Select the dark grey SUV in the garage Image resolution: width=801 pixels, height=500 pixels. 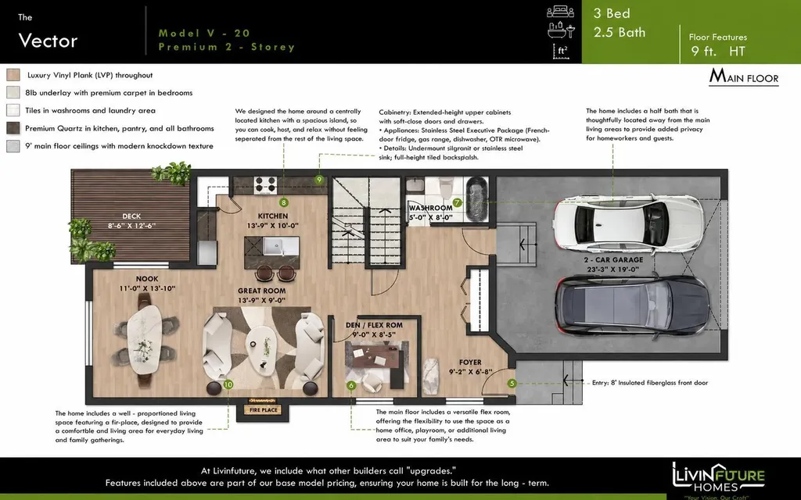tap(632, 305)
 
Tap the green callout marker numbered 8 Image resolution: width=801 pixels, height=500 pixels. tap(283, 202)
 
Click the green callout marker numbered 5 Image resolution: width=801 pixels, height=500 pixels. tap(512, 383)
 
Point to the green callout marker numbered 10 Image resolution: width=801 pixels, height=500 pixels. tap(228, 384)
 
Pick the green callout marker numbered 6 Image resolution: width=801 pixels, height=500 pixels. tap(351, 386)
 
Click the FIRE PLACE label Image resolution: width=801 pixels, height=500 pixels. tap(263, 409)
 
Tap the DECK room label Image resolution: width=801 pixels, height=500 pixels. tap(131, 216)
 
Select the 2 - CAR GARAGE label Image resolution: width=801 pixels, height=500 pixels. tap(613, 259)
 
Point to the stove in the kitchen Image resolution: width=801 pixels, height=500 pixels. tap(265, 184)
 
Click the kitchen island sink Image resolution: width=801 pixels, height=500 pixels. tap(273, 246)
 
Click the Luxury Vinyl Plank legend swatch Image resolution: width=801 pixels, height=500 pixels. tap(13, 75)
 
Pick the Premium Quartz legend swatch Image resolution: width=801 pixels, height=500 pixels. tap(13, 128)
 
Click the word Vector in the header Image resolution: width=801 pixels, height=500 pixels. tap(48, 41)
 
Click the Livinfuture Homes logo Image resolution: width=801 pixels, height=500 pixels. tap(718, 480)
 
